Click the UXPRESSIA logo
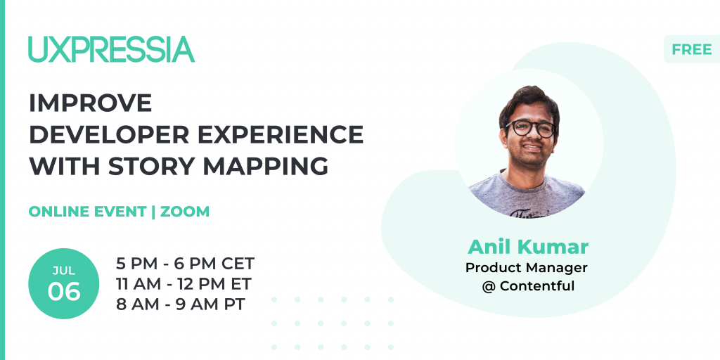click(111, 49)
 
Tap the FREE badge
click(692, 49)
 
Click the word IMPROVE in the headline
click(90, 103)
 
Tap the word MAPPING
click(266, 166)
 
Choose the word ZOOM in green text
click(185, 211)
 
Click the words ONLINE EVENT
click(87, 211)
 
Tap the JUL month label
click(64, 271)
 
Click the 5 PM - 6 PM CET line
click(185, 264)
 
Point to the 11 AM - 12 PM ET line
click(184, 284)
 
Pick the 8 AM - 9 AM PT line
click(181, 304)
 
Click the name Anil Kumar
click(528, 247)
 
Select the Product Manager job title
click(527, 267)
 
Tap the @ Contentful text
click(528, 286)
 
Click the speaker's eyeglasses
click(531, 128)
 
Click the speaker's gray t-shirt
click(527, 195)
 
